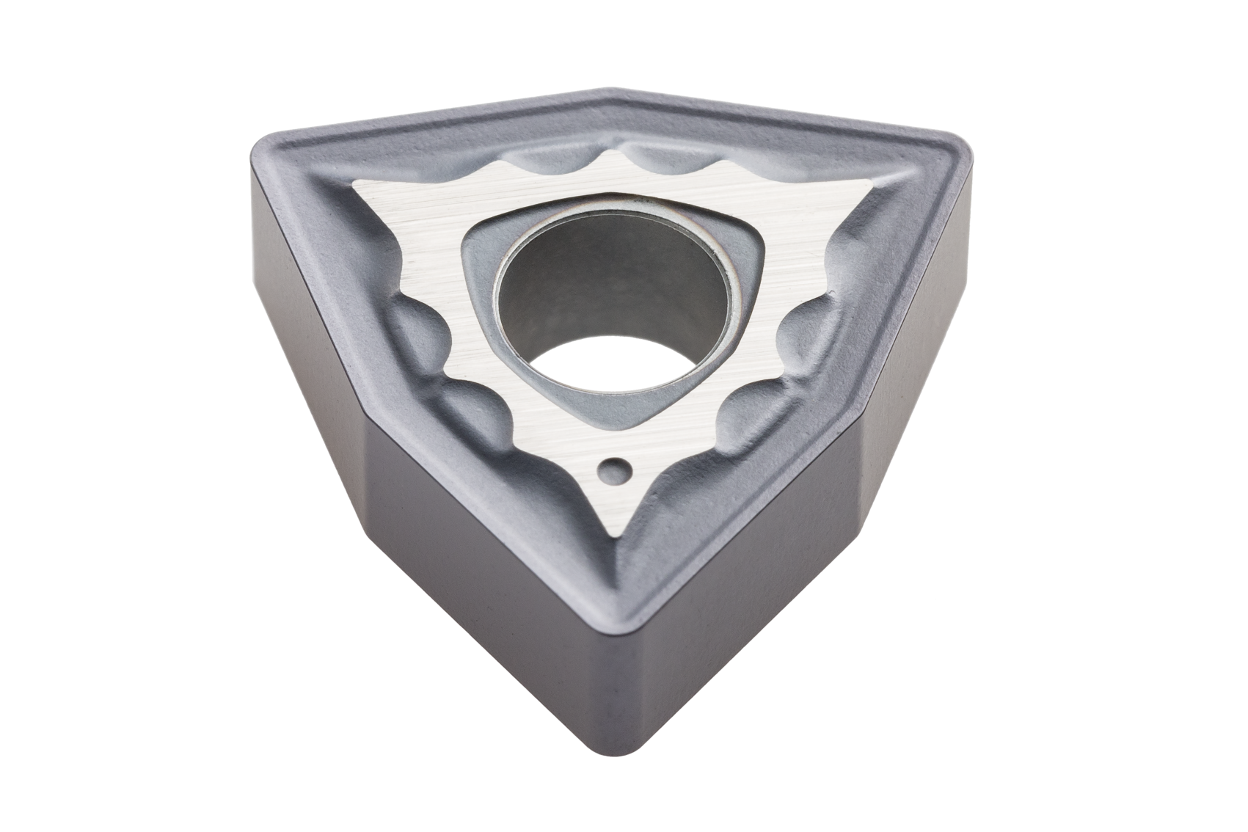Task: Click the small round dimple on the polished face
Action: point(614,470)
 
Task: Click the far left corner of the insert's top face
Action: point(275,139)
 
